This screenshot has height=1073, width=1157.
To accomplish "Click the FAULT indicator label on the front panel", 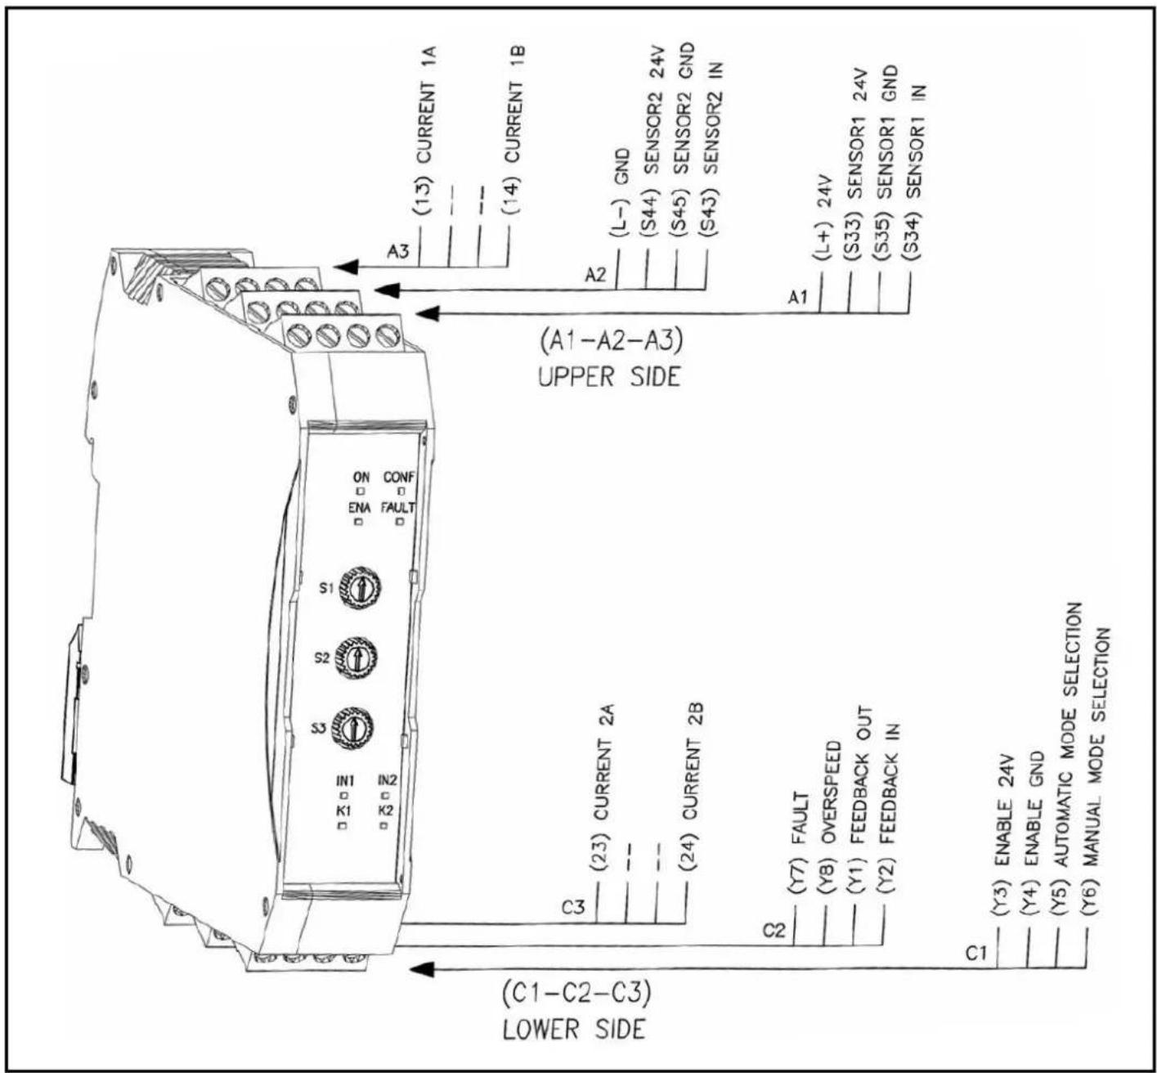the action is [398, 508].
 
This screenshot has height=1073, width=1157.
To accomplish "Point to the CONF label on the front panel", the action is [399, 478].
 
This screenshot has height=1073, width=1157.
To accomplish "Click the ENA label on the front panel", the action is [360, 508].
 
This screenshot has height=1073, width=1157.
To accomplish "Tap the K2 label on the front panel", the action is [386, 810].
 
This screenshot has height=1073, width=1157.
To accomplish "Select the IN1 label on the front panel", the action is [346, 780].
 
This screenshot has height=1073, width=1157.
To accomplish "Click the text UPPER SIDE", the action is [609, 377].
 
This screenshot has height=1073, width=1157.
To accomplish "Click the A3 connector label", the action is [398, 252].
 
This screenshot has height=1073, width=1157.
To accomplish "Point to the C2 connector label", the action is [774, 931].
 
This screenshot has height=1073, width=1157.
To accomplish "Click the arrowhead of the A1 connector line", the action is [428, 313].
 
